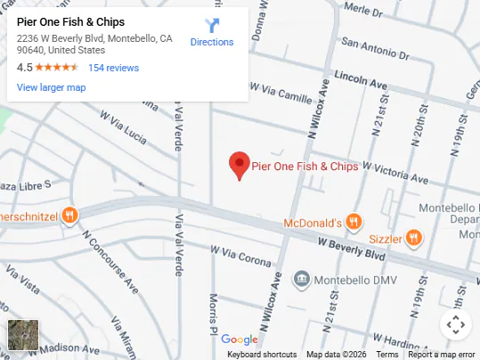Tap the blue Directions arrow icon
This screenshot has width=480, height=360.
click(212, 26)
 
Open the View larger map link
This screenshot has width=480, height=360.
click(51, 87)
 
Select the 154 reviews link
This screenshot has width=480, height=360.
click(113, 68)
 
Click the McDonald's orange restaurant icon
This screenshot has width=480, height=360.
click(354, 222)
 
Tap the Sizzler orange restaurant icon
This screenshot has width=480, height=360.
click(412, 237)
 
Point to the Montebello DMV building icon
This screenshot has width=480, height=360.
click(302, 280)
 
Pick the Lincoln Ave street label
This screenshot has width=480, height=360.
click(361, 79)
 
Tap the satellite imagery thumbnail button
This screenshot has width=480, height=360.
click(23, 336)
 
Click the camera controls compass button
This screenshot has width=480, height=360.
click(454, 324)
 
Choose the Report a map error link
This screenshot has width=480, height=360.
click(442, 355)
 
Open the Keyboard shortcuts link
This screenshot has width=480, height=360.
click(262, 355)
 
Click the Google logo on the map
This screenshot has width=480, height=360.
click(239, 339)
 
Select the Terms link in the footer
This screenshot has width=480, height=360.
click(387, 355)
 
